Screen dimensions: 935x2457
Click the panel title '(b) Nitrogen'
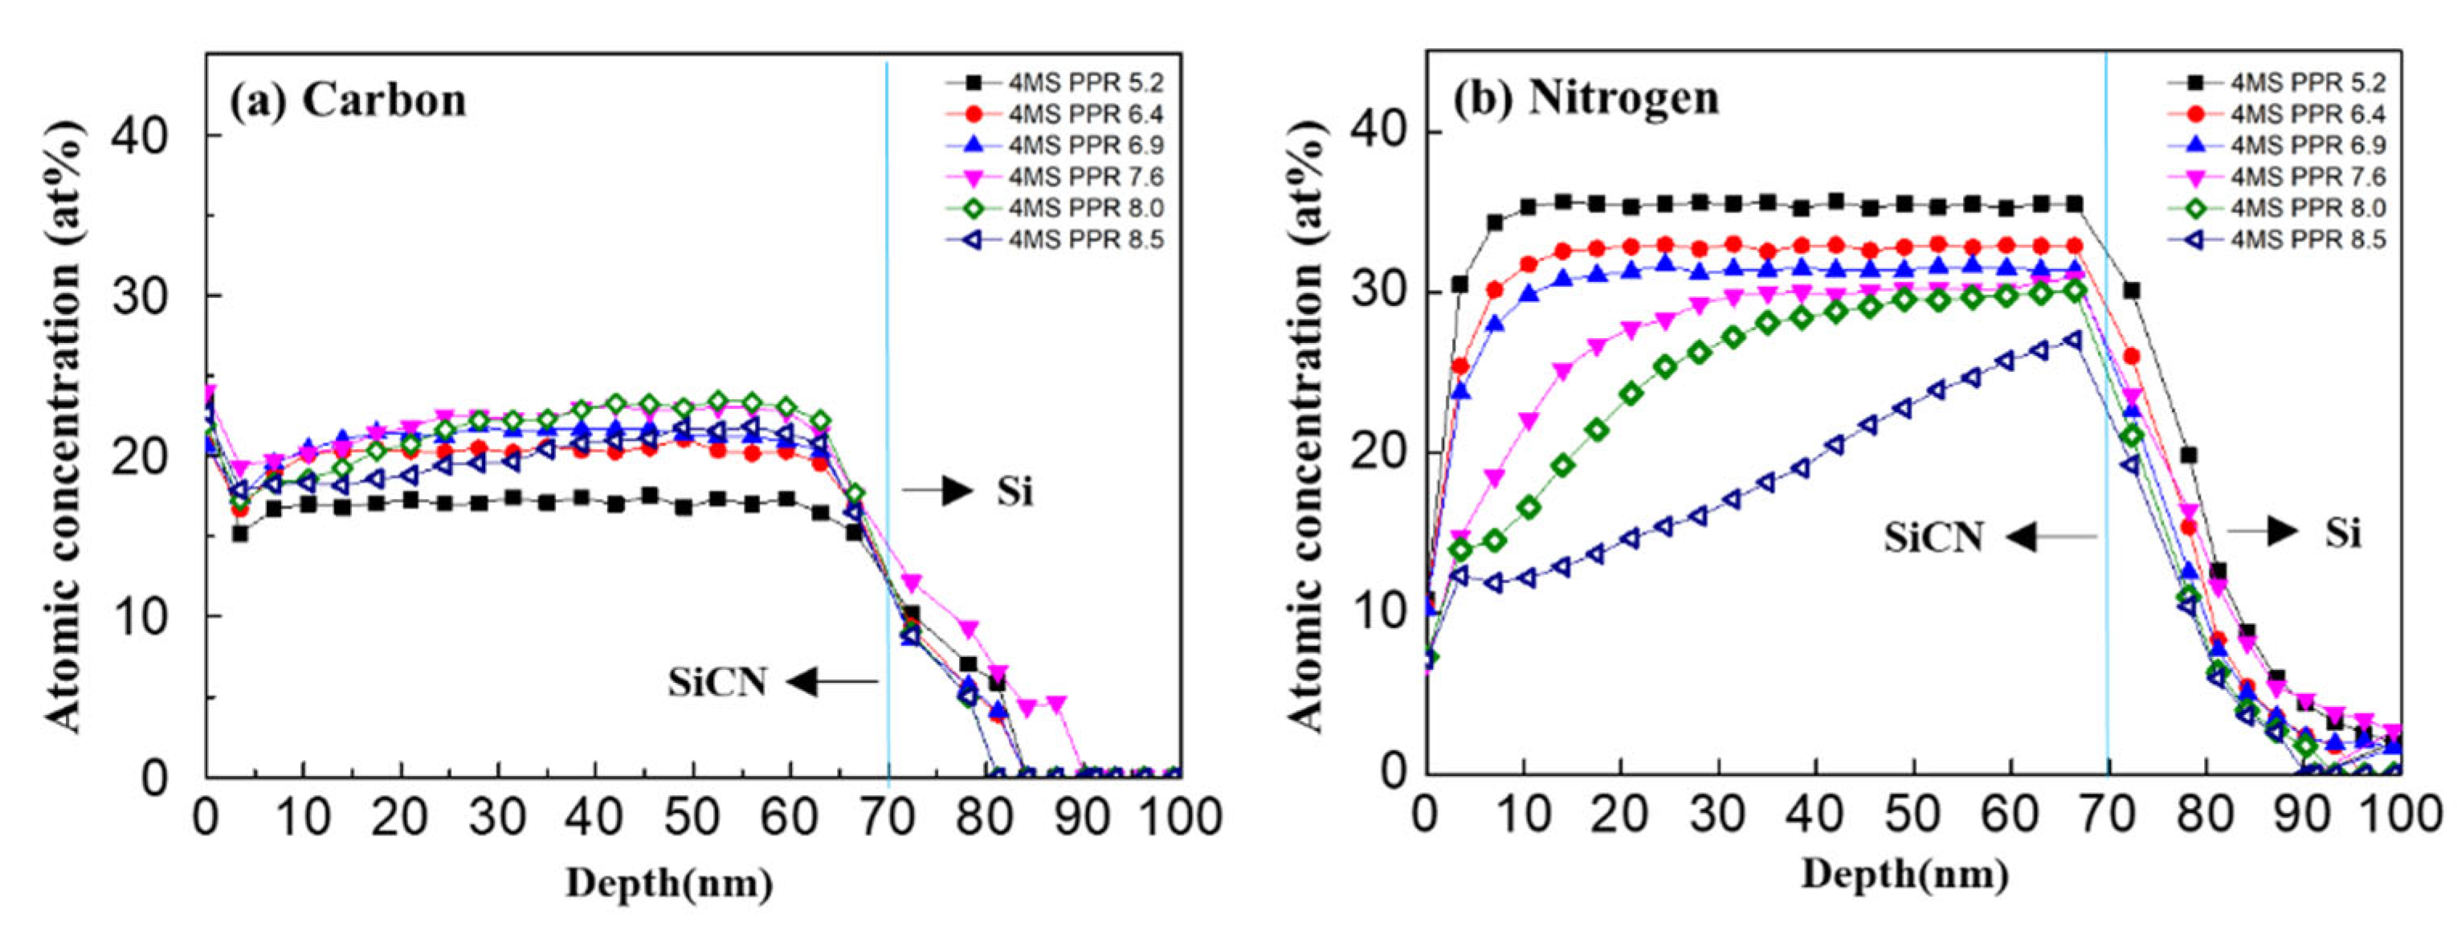[1586, 98]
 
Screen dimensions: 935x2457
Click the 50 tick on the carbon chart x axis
[692, 818]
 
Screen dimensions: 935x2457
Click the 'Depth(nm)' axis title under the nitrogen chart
[1904, 874]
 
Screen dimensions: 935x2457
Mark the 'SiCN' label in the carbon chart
[716, 683]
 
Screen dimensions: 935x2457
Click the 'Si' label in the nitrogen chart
[2342, 533]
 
